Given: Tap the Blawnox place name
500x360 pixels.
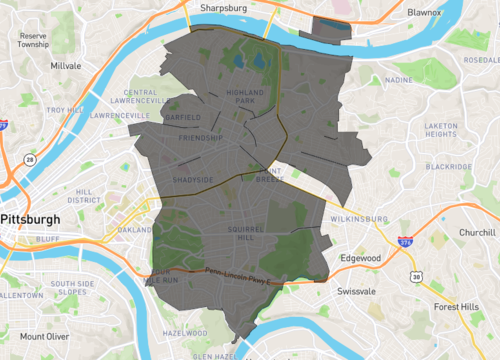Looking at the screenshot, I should click(425, 12).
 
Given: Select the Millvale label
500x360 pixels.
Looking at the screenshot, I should click(66, 66).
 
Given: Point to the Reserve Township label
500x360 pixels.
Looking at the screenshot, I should click(33, 40).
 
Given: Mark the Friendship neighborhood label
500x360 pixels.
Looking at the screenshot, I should click(200, 137).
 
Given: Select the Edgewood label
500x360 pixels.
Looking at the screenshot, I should click(361, 258).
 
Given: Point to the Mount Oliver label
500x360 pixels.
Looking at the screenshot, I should click(44, 337).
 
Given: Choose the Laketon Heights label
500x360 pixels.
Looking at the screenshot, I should click(441, 130).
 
